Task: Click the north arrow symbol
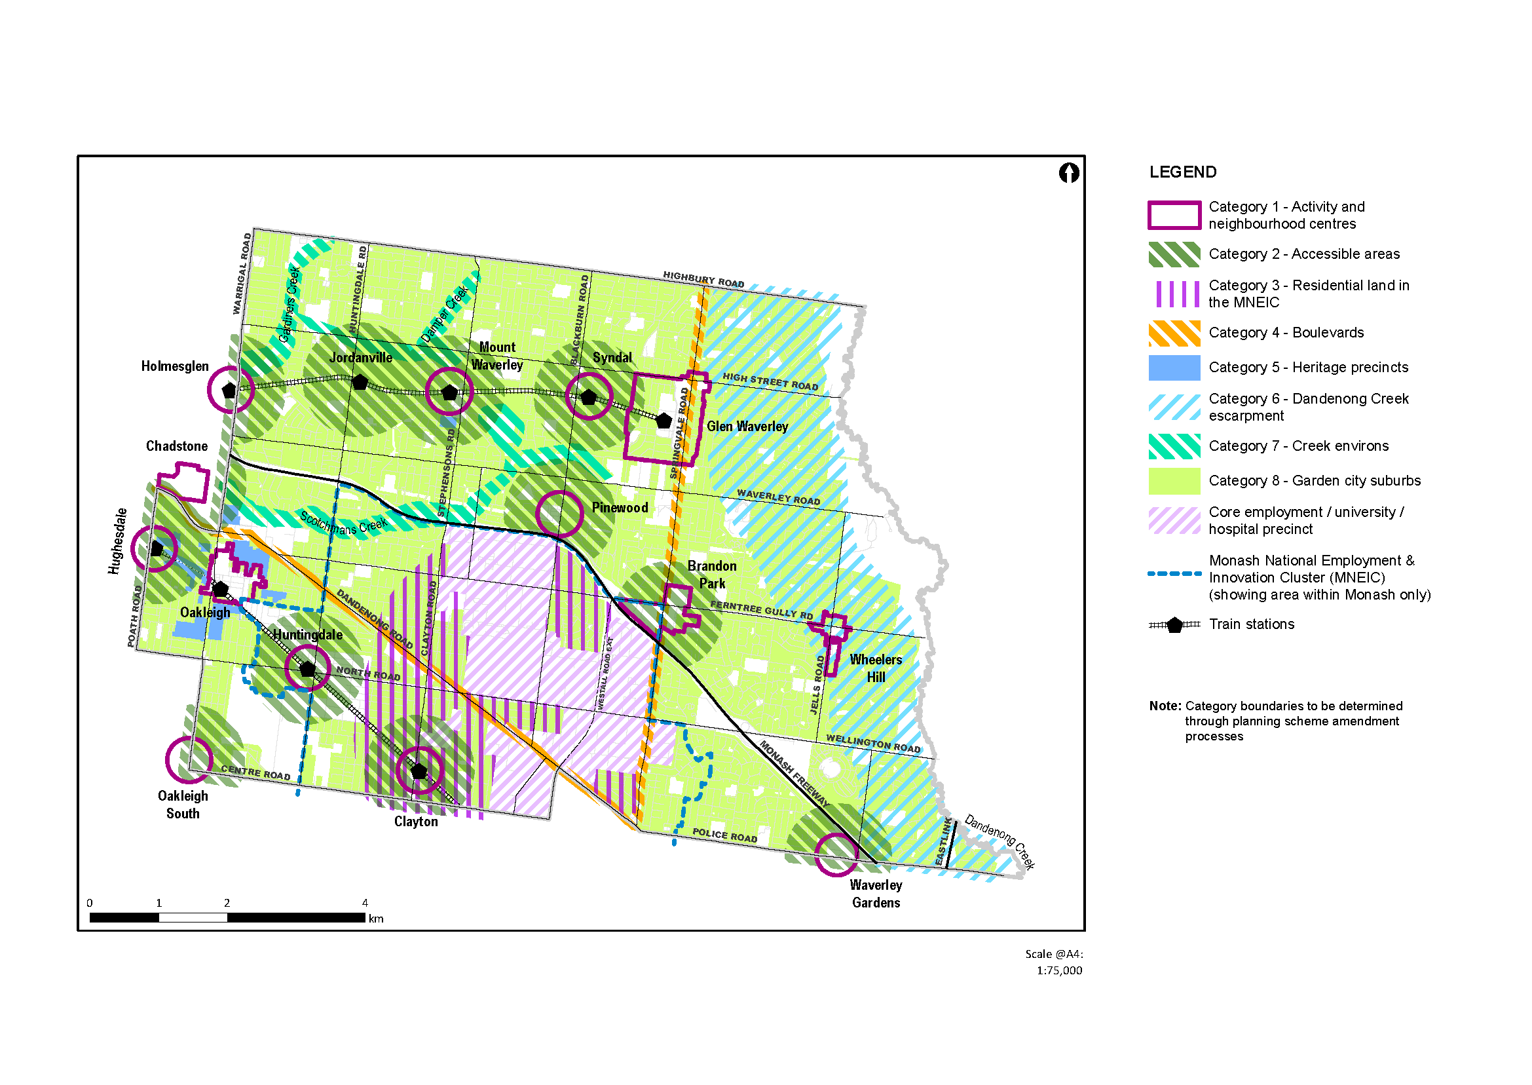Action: click(x=1068, y=173)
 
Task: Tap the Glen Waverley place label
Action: click(x=747, y=427)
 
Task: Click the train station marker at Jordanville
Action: click(x=360, y=383)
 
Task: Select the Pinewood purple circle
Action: click(x=559, y=514)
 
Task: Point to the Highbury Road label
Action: click(x=703, y=280)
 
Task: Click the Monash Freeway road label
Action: click(x=794, y=774)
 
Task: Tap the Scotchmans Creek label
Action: click(x=343, y=523)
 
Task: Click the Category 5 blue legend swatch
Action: click(x=1174, y=368)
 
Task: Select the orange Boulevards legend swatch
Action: click(x=1174, y=333)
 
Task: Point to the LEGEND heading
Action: click(x=1183, y=172)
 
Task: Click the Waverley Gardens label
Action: click(x=876, y=894)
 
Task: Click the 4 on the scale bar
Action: click(x=365, y=903)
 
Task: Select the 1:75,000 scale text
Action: click(x=1059, y=971)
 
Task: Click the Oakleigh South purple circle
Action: click(x=189, y=759)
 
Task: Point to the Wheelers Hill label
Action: click(x=876, y=668)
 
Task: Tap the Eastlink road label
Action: click(x=943, y=842)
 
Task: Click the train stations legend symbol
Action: click(x=1174, y=625)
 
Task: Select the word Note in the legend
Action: click(x=1164, y=706)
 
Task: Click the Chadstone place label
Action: click(x=176, y=446)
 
